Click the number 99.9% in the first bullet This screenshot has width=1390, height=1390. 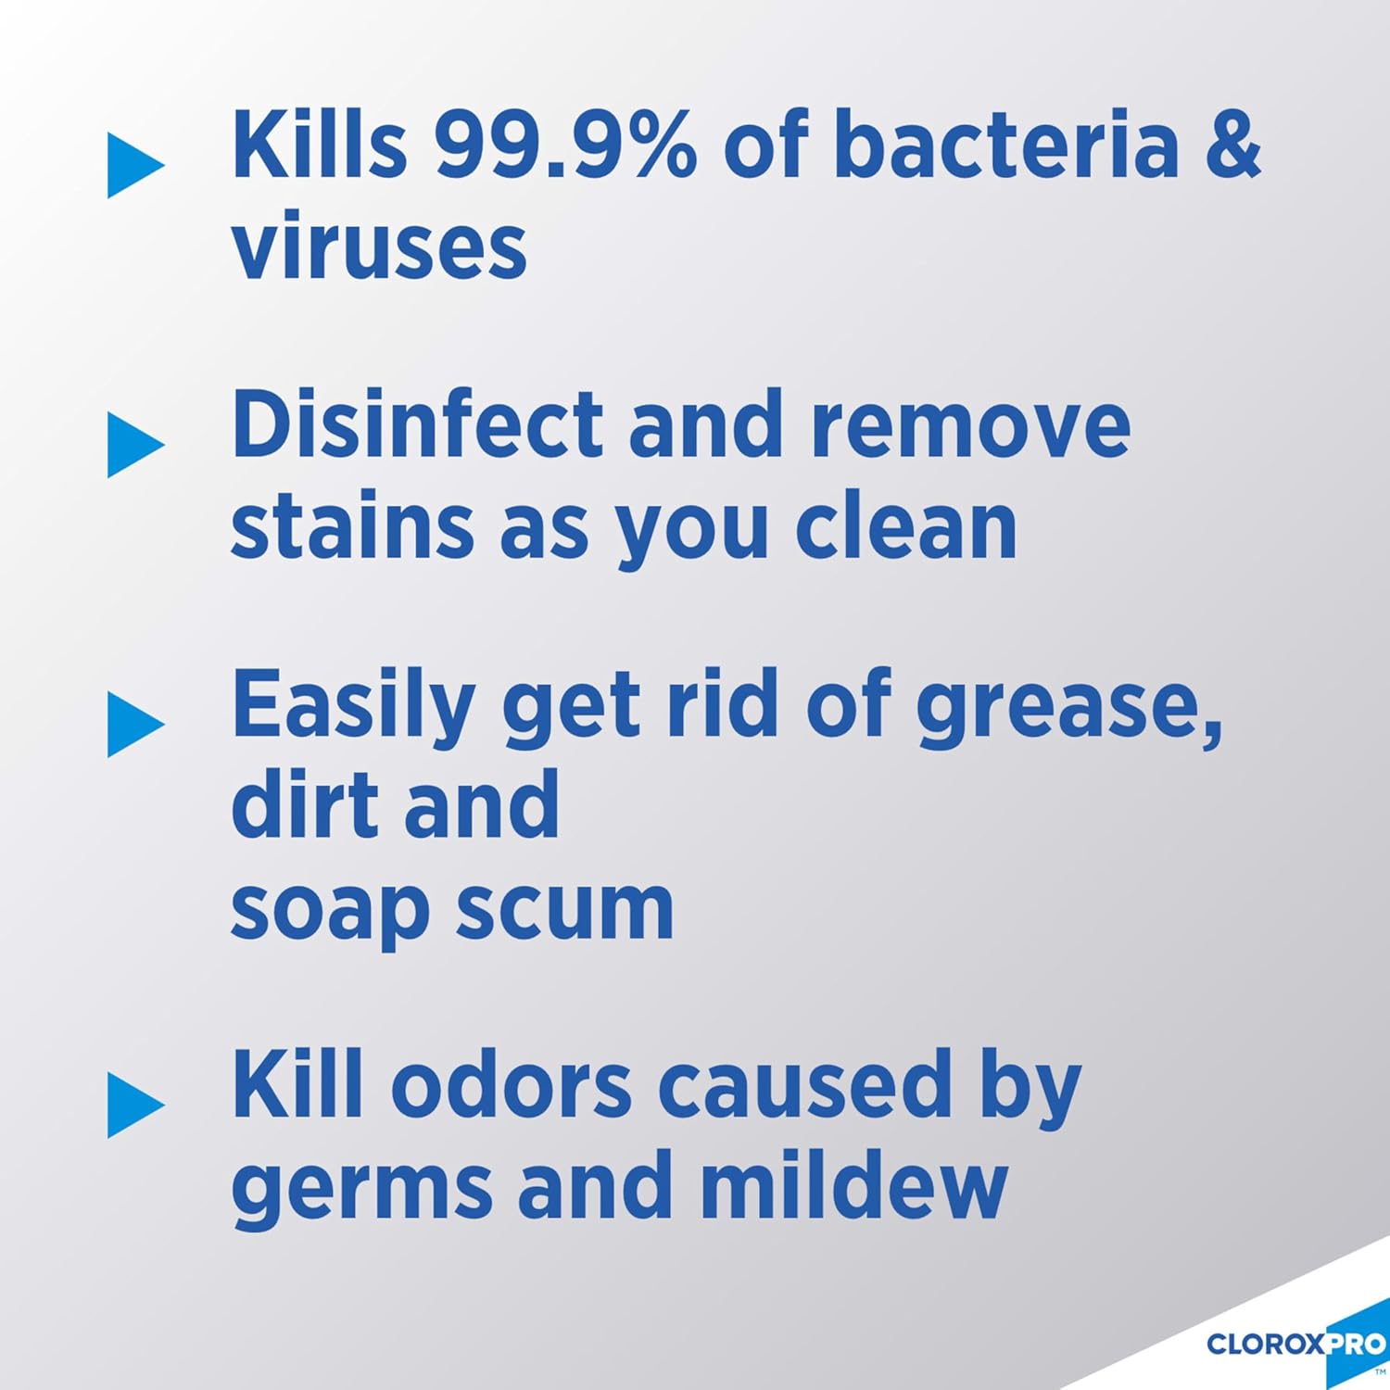565,145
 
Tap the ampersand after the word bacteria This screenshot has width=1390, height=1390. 1232,145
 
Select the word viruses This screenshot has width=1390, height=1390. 379,247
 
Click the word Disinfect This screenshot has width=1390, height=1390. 417,425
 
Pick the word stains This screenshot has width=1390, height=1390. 352,527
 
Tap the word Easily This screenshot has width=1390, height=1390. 353,706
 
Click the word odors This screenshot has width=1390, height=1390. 511,1085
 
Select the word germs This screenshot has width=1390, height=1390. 361,1190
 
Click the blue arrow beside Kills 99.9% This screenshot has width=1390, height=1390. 134,166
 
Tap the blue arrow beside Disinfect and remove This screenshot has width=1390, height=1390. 134,445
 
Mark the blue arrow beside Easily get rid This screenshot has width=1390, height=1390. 134,725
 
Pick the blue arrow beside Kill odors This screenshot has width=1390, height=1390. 134,1106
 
